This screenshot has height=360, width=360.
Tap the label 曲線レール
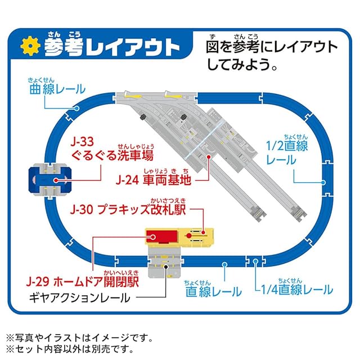[57, 89]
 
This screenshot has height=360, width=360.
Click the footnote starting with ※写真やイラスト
[79, 337]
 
